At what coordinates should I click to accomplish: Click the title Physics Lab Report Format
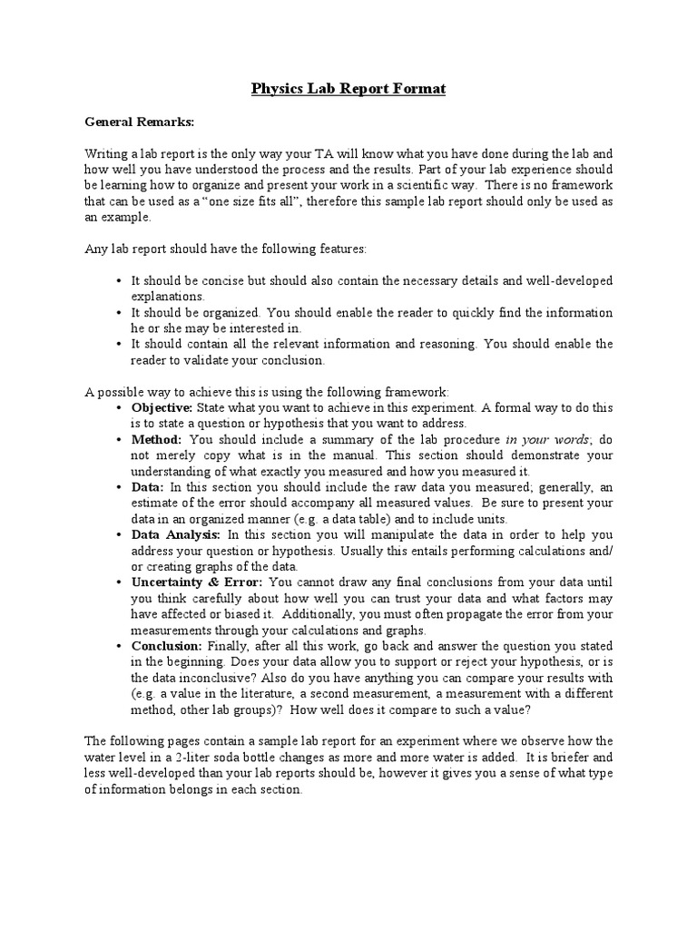tap(348, 89)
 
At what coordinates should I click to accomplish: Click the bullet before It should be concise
tap(120, 280)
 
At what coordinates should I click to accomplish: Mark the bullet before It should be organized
tap(120, 312)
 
